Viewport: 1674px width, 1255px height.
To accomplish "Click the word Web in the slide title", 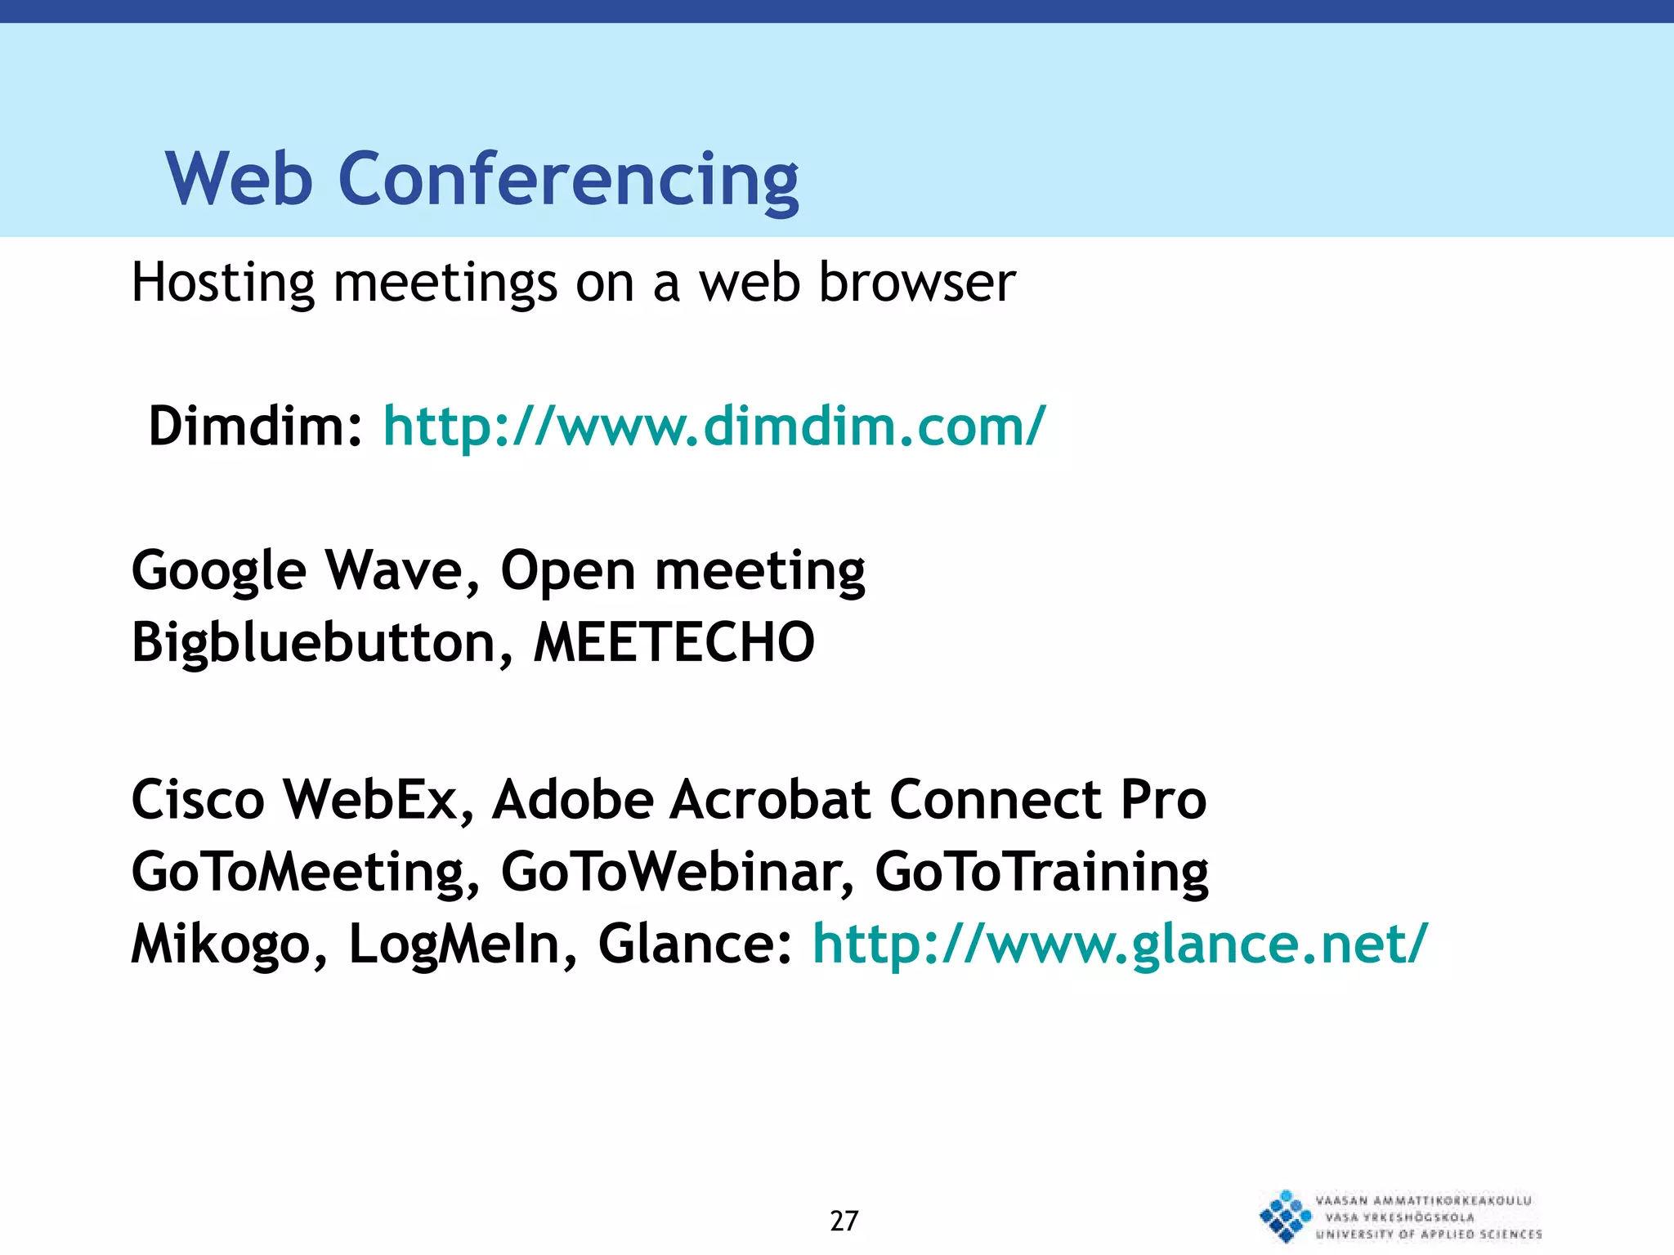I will pyautogui.click(x=239, y=180).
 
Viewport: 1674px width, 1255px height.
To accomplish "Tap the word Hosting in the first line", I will pyautogui.click(x=222, y=284).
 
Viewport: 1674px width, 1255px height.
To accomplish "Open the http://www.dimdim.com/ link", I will pyautogui.click(x=714, y=427).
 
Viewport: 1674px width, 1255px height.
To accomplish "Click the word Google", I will pyautogui.click(x=218, y=570).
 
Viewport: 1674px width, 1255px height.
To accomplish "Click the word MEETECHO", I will pyautogui.click(x=674, y=642).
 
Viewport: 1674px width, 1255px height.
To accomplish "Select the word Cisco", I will pyautogui.click(x=198, y=799).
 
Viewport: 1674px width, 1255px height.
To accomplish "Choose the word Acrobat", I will pyautogui.click(x=770, y=799).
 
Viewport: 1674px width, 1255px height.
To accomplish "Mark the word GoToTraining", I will pyautogui.click(x=1041, y=872).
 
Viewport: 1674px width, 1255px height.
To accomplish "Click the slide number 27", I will pyautogui.click(x=844, y=1221).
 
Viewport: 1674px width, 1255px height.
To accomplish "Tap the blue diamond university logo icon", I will pyautogui.click(x=1286, y=1217).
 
